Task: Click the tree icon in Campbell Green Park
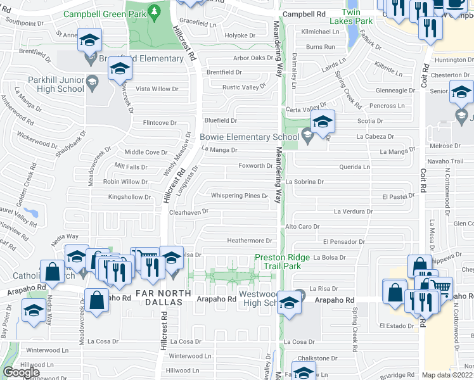153,12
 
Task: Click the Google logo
21,372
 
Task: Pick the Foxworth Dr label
255,166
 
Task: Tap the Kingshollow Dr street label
129,197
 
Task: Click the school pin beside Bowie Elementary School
323,120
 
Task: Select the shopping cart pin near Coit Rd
440,288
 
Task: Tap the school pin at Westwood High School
289,301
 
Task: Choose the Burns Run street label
320,47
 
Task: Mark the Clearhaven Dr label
188,213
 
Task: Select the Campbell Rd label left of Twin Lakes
304,13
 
